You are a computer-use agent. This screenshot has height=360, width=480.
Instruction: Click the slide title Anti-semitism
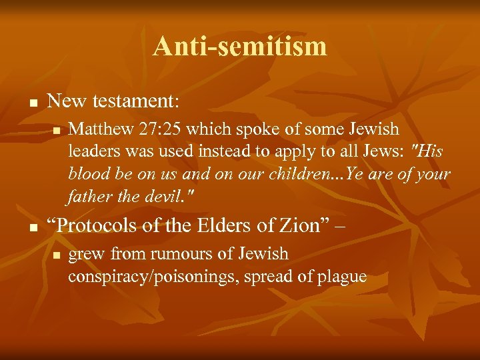click(x=240, y=47)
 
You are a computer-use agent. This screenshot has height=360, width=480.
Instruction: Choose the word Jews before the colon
click(x=383, y=151)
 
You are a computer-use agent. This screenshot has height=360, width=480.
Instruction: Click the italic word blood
click(x=87, y=174)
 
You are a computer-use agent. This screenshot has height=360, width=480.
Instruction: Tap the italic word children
click(x=288, y=174)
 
